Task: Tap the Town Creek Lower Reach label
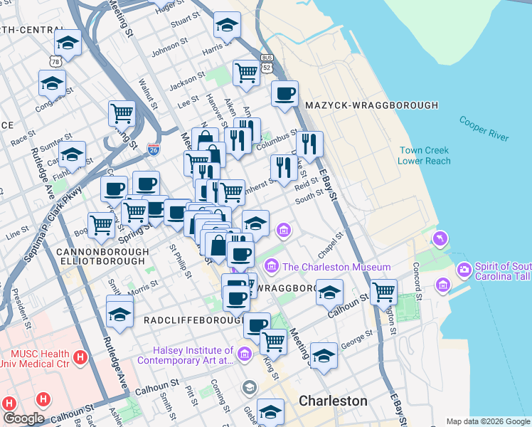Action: [425, 156]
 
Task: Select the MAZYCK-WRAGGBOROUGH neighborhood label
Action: [371, 105]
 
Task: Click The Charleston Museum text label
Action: [336, 267]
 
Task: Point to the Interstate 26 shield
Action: [154, 149]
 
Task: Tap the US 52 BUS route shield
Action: [267, 63]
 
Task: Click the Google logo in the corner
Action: [23, 418]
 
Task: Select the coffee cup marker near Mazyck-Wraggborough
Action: [284, 95]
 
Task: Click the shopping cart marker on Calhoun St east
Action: [383, 291]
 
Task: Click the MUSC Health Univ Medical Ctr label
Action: [40, 359]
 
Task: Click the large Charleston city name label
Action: [333, 401]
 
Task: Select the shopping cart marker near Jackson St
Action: [245, 73]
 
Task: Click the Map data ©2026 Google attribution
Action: [488, 421]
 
